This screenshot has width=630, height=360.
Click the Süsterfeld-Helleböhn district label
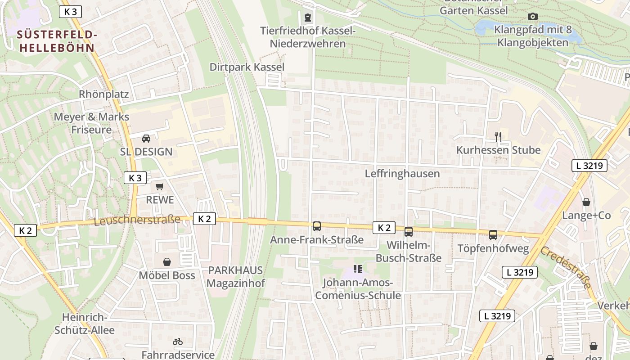click(x=57, y=41)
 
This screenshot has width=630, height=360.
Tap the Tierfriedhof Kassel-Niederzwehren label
click(x=308, y=37)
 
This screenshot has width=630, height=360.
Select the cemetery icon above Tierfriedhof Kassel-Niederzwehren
click(x=307, y=18)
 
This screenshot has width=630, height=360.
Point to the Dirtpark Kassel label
click(x=247, y=67)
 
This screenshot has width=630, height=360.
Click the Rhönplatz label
click(x=104, y=94)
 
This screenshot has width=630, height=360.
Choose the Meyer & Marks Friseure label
click(x=91, y=123)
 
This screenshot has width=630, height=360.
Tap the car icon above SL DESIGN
click(x=146, y=139)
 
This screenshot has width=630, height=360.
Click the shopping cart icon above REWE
click(x=159, y=187)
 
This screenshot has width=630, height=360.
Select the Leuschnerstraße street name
click(x=137, y=220)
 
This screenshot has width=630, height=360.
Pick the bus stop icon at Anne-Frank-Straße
click(x=317, y=226)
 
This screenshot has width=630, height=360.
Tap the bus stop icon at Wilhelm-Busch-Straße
click(x=409, y=232)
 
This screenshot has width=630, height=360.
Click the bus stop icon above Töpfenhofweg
click(x=493, y=234)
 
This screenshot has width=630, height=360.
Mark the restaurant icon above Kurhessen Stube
click(x=498, y=136)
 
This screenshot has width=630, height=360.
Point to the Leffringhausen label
click(x=402, y=174)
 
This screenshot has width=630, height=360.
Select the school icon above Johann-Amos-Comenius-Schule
click(x=358, y=269)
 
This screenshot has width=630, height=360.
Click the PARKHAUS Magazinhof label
click(x=235, y=277)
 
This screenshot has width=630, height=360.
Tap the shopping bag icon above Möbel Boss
click(x=167, y=262)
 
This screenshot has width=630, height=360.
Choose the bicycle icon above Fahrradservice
click(x=178, y=342)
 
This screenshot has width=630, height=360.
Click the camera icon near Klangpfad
click(x=533, y=17)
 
